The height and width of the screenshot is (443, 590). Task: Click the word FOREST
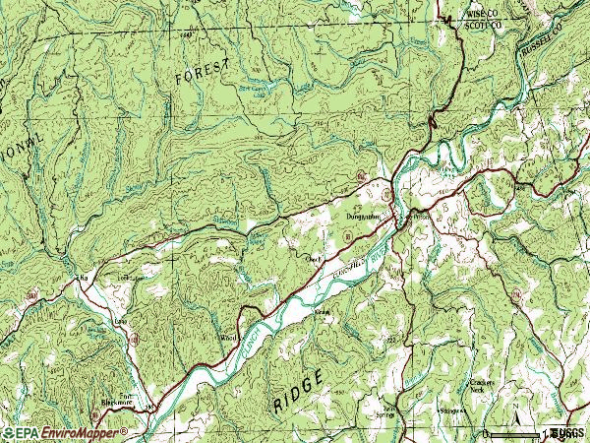coord(203,72)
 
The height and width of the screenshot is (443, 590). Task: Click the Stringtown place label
coord(451,407)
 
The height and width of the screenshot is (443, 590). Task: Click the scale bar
coord(515,434)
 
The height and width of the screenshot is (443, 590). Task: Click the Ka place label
coord(84,279)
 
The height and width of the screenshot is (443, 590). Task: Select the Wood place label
coord(225,337)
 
